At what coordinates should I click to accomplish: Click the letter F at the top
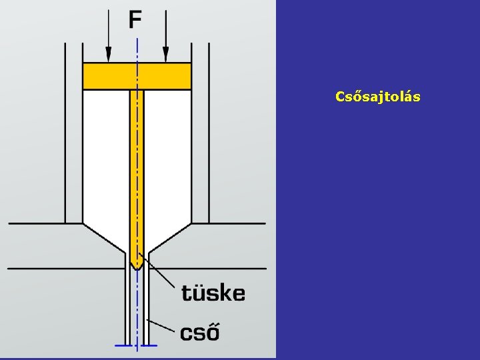tap(135, 19)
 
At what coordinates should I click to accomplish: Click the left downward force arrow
tap(109, 40)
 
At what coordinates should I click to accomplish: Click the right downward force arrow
tap(166, 40)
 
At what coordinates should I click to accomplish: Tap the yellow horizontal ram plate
tap(107, 76)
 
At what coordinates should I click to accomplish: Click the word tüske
tap(213, 293)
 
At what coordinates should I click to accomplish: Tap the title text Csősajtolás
tap(377, 97)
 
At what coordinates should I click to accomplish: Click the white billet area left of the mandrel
tap(105, 160)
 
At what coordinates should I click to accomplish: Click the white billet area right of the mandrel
tap(168, 160)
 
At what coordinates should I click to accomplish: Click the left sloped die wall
tap(104, 238)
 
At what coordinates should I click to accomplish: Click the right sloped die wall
tap(171, 238)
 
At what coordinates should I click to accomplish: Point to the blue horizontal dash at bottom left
tap(123, 345)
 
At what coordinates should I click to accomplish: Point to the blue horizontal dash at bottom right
tap(150, 345)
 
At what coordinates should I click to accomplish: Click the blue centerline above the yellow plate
tap(137, 50)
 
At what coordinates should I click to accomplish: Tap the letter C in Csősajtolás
tap(339, 97)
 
